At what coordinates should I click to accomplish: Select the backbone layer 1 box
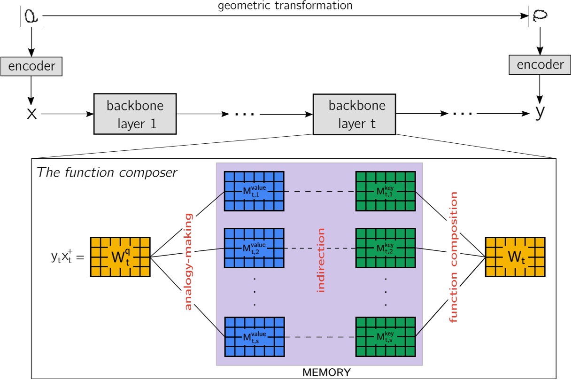coord(135,114)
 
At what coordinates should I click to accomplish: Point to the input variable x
coord(31,114)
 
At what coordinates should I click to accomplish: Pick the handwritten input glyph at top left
coord(31,17)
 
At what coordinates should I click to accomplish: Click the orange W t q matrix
coord(120,257)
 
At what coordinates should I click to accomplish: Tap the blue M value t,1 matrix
coord(254,192)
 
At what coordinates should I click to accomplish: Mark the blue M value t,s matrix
coord(254,337)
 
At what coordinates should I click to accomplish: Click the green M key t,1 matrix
coord(386,192)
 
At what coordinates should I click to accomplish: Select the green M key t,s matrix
coord(386,337)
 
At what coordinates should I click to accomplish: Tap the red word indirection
coord(321,260)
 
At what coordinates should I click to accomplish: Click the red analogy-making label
coord(188,262)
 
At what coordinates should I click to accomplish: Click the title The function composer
coord(107,173)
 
